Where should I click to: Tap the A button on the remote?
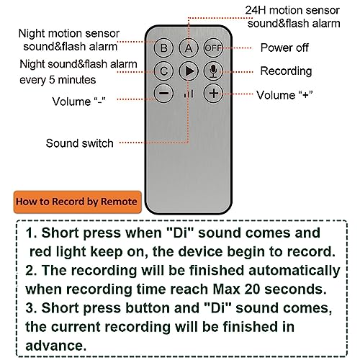tap(189, 48)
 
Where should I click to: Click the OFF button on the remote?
tap(212, 48)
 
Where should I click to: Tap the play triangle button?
tap(189, 71)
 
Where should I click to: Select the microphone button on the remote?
tap(212, 71)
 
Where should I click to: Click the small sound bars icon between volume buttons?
tap(189, 94)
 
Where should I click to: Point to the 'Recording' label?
tap(287, 71)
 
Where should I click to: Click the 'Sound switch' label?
tap(79, 143)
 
